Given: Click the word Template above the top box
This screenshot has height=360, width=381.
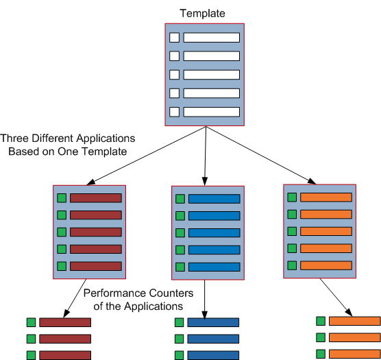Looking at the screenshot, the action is pyautogui.click(x=202, y=13).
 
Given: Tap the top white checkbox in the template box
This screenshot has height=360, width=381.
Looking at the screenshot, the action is pyautogui.click(x=174, y=38).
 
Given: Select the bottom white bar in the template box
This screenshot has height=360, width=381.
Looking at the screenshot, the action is pyautogui.click(x=211, y=112).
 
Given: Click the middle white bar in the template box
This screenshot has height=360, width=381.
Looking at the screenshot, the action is pyautogui.click(x=211, y=75).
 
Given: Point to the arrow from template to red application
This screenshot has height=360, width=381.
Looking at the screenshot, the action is pyautogui.click(x=146, y=156).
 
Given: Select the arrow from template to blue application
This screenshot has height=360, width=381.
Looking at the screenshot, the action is pyautogui.click(x=206, y=156).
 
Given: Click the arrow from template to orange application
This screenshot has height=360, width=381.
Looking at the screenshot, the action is pyautogui.click(x=261, y=156).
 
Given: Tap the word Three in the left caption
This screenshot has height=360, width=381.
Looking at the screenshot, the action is pyautogui.click(x=14, y=139).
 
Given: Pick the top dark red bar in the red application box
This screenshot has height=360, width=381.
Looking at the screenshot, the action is pyautogui.click(x=96, y=198).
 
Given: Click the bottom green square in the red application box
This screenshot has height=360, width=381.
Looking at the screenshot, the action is pyautogui.click(x=62, y=266).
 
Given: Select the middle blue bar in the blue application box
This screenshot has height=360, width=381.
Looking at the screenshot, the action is pyautogui.click(x=214, y=233).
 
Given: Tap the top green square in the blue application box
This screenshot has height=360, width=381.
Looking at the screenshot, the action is pyautogui.click(x=180, y=199).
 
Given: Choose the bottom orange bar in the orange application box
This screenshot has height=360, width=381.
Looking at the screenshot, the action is pyautogui.click(x=326, y=265).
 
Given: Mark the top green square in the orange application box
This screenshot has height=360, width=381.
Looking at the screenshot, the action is pyautogui.click(x=292, y=197).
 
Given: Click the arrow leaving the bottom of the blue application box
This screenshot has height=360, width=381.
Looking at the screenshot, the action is pyautogui.click(x=205, y=300).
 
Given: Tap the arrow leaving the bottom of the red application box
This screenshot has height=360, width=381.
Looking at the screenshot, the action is pyautogui.click(x=75, y=298).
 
